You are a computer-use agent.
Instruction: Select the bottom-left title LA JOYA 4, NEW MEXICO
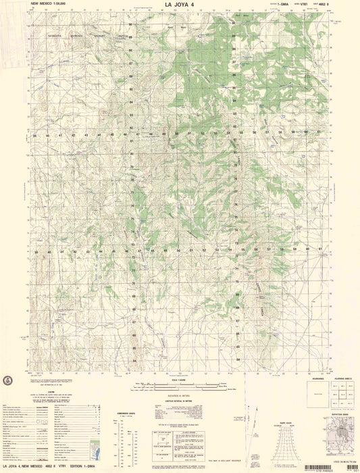[30, 466]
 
